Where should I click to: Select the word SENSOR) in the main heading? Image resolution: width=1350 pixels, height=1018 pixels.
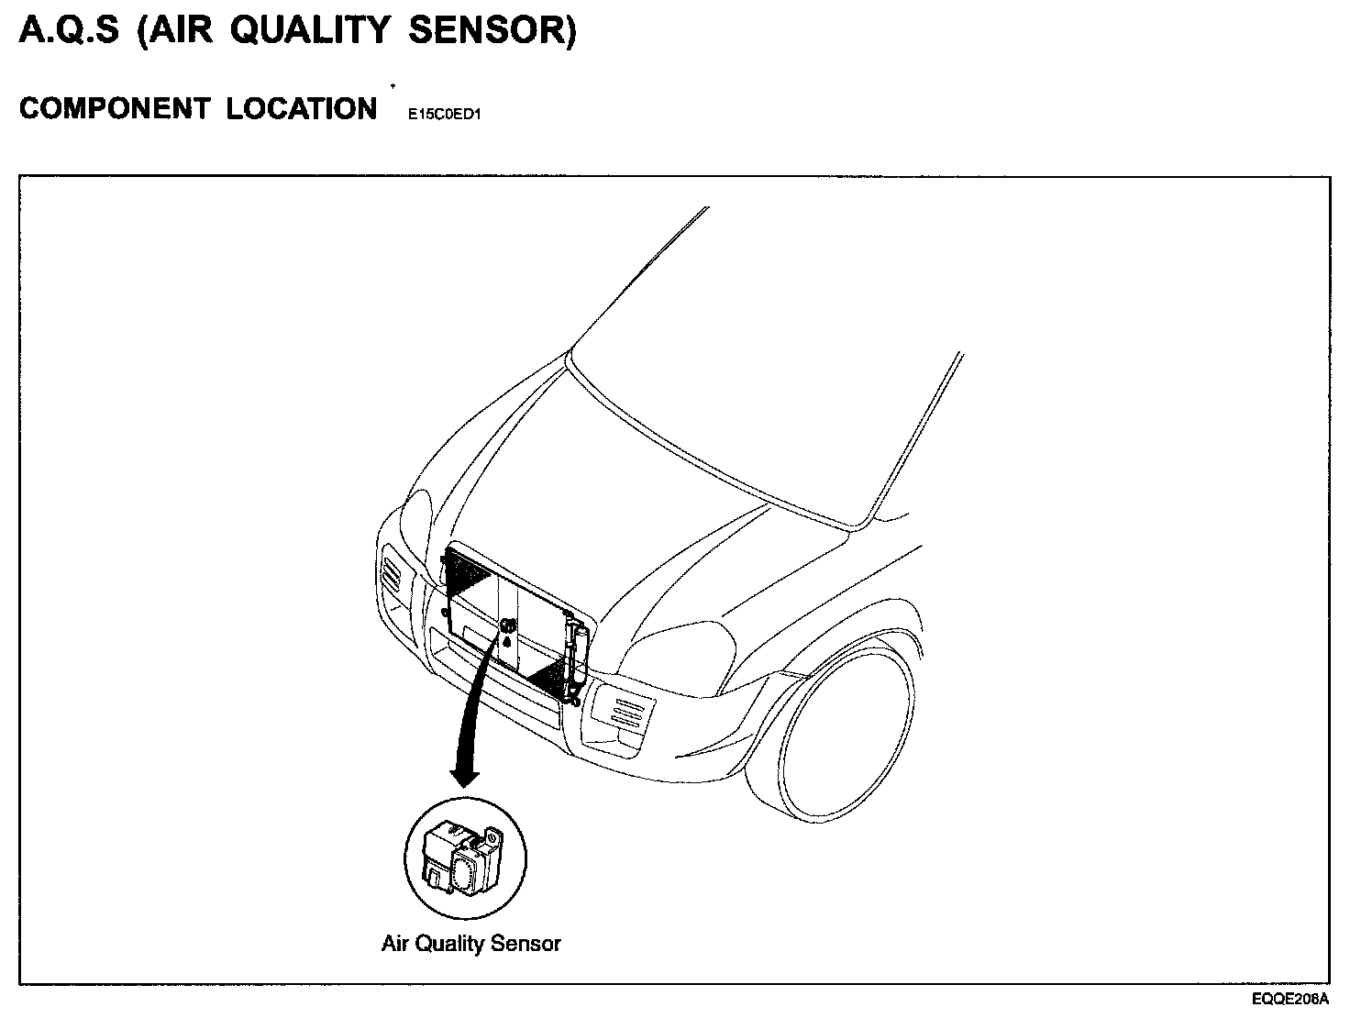[492, 31]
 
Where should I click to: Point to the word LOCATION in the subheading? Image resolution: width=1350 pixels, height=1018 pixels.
[302, 108]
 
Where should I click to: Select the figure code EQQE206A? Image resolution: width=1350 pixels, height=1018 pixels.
[1290, 1000]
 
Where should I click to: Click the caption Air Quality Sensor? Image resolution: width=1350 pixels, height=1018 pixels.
[470, 943]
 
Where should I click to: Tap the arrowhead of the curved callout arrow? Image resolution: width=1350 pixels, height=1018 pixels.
[465, 776]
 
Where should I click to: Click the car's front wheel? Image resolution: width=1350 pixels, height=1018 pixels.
[844, 734]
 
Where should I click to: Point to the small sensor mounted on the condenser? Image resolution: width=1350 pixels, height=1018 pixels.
[507, 626]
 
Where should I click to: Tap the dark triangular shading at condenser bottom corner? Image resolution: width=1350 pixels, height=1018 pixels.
[550, 679]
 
